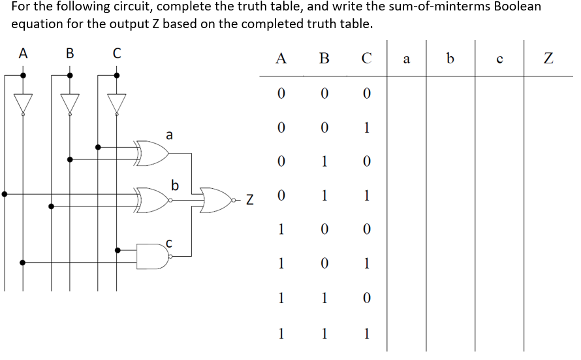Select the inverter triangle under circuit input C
click(x=117, y=103)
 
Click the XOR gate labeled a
click(x=151, y=152)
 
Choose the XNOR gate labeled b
click(x=153, y=201)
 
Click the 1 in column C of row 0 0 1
click(x=367, y=127)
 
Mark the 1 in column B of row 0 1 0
click(x=324, y=161)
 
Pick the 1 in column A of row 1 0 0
click(x=281, y=229)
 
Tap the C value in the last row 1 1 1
click(x=367, y=333)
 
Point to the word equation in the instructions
click(x=37, y=24)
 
